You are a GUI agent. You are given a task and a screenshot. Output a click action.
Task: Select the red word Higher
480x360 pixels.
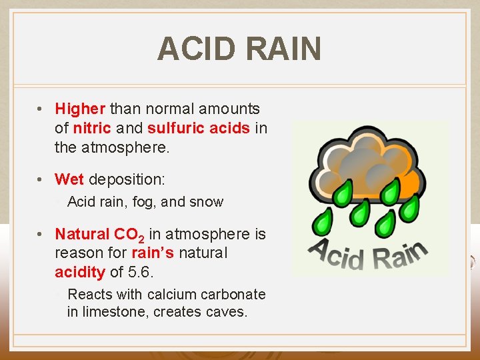click(80, 109)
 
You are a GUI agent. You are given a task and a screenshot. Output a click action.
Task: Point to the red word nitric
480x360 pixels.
click(88, 128)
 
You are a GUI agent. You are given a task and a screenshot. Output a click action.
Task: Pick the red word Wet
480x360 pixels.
click(69, 179)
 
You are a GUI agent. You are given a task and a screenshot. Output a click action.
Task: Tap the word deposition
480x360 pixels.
click(127, 180)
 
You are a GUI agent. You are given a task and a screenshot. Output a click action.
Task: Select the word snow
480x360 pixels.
click(207, 202)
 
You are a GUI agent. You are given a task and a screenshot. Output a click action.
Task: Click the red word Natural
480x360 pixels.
click(82, 234)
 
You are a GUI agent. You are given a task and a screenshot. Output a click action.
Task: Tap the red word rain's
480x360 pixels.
click(151, 253)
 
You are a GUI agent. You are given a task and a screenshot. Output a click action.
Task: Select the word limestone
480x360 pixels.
click(115, 312)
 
